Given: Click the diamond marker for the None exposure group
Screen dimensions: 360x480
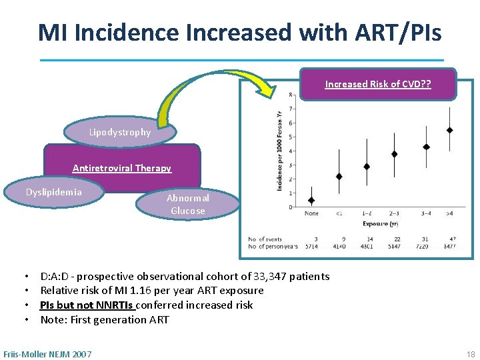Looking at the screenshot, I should point(311,200).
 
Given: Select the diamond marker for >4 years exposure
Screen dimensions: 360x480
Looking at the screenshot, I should point(450,130).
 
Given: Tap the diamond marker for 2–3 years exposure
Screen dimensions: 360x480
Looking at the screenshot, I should point(394,154).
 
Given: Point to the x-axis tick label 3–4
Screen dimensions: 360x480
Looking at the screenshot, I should point(426,214).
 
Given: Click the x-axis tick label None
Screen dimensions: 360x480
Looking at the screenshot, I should point(311,214).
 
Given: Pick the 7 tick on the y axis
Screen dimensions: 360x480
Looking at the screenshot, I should point(290,109).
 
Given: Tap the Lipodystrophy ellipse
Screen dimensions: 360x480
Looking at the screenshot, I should point(121,132).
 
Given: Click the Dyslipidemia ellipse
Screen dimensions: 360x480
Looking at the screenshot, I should point(54,192).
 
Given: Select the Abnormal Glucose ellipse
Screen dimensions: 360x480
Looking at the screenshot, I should point(187,204).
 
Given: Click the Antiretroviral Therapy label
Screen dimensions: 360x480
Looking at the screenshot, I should point(122,168).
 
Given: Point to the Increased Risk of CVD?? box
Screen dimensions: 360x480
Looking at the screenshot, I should point(378,84).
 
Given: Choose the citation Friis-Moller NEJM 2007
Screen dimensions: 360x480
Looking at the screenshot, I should point(48,353).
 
